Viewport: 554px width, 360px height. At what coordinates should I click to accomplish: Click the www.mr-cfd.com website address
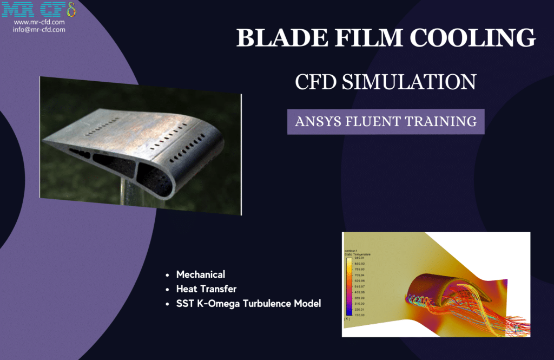[x=39, y=22]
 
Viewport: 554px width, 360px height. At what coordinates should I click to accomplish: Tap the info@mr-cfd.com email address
[x=39, y=30]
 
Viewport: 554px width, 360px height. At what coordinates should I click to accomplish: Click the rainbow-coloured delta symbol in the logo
[x=70, y=9]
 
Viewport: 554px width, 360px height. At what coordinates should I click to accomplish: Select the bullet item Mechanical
[x=200, y=274]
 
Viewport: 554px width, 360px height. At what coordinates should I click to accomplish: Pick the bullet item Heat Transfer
[x=206, y=289]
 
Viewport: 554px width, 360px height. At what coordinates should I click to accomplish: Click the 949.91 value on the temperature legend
[x=360, y=258]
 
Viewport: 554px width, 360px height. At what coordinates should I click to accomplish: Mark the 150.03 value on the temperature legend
[x=360, y=314]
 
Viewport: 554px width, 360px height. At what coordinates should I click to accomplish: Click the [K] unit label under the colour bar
[x=347, y=319]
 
